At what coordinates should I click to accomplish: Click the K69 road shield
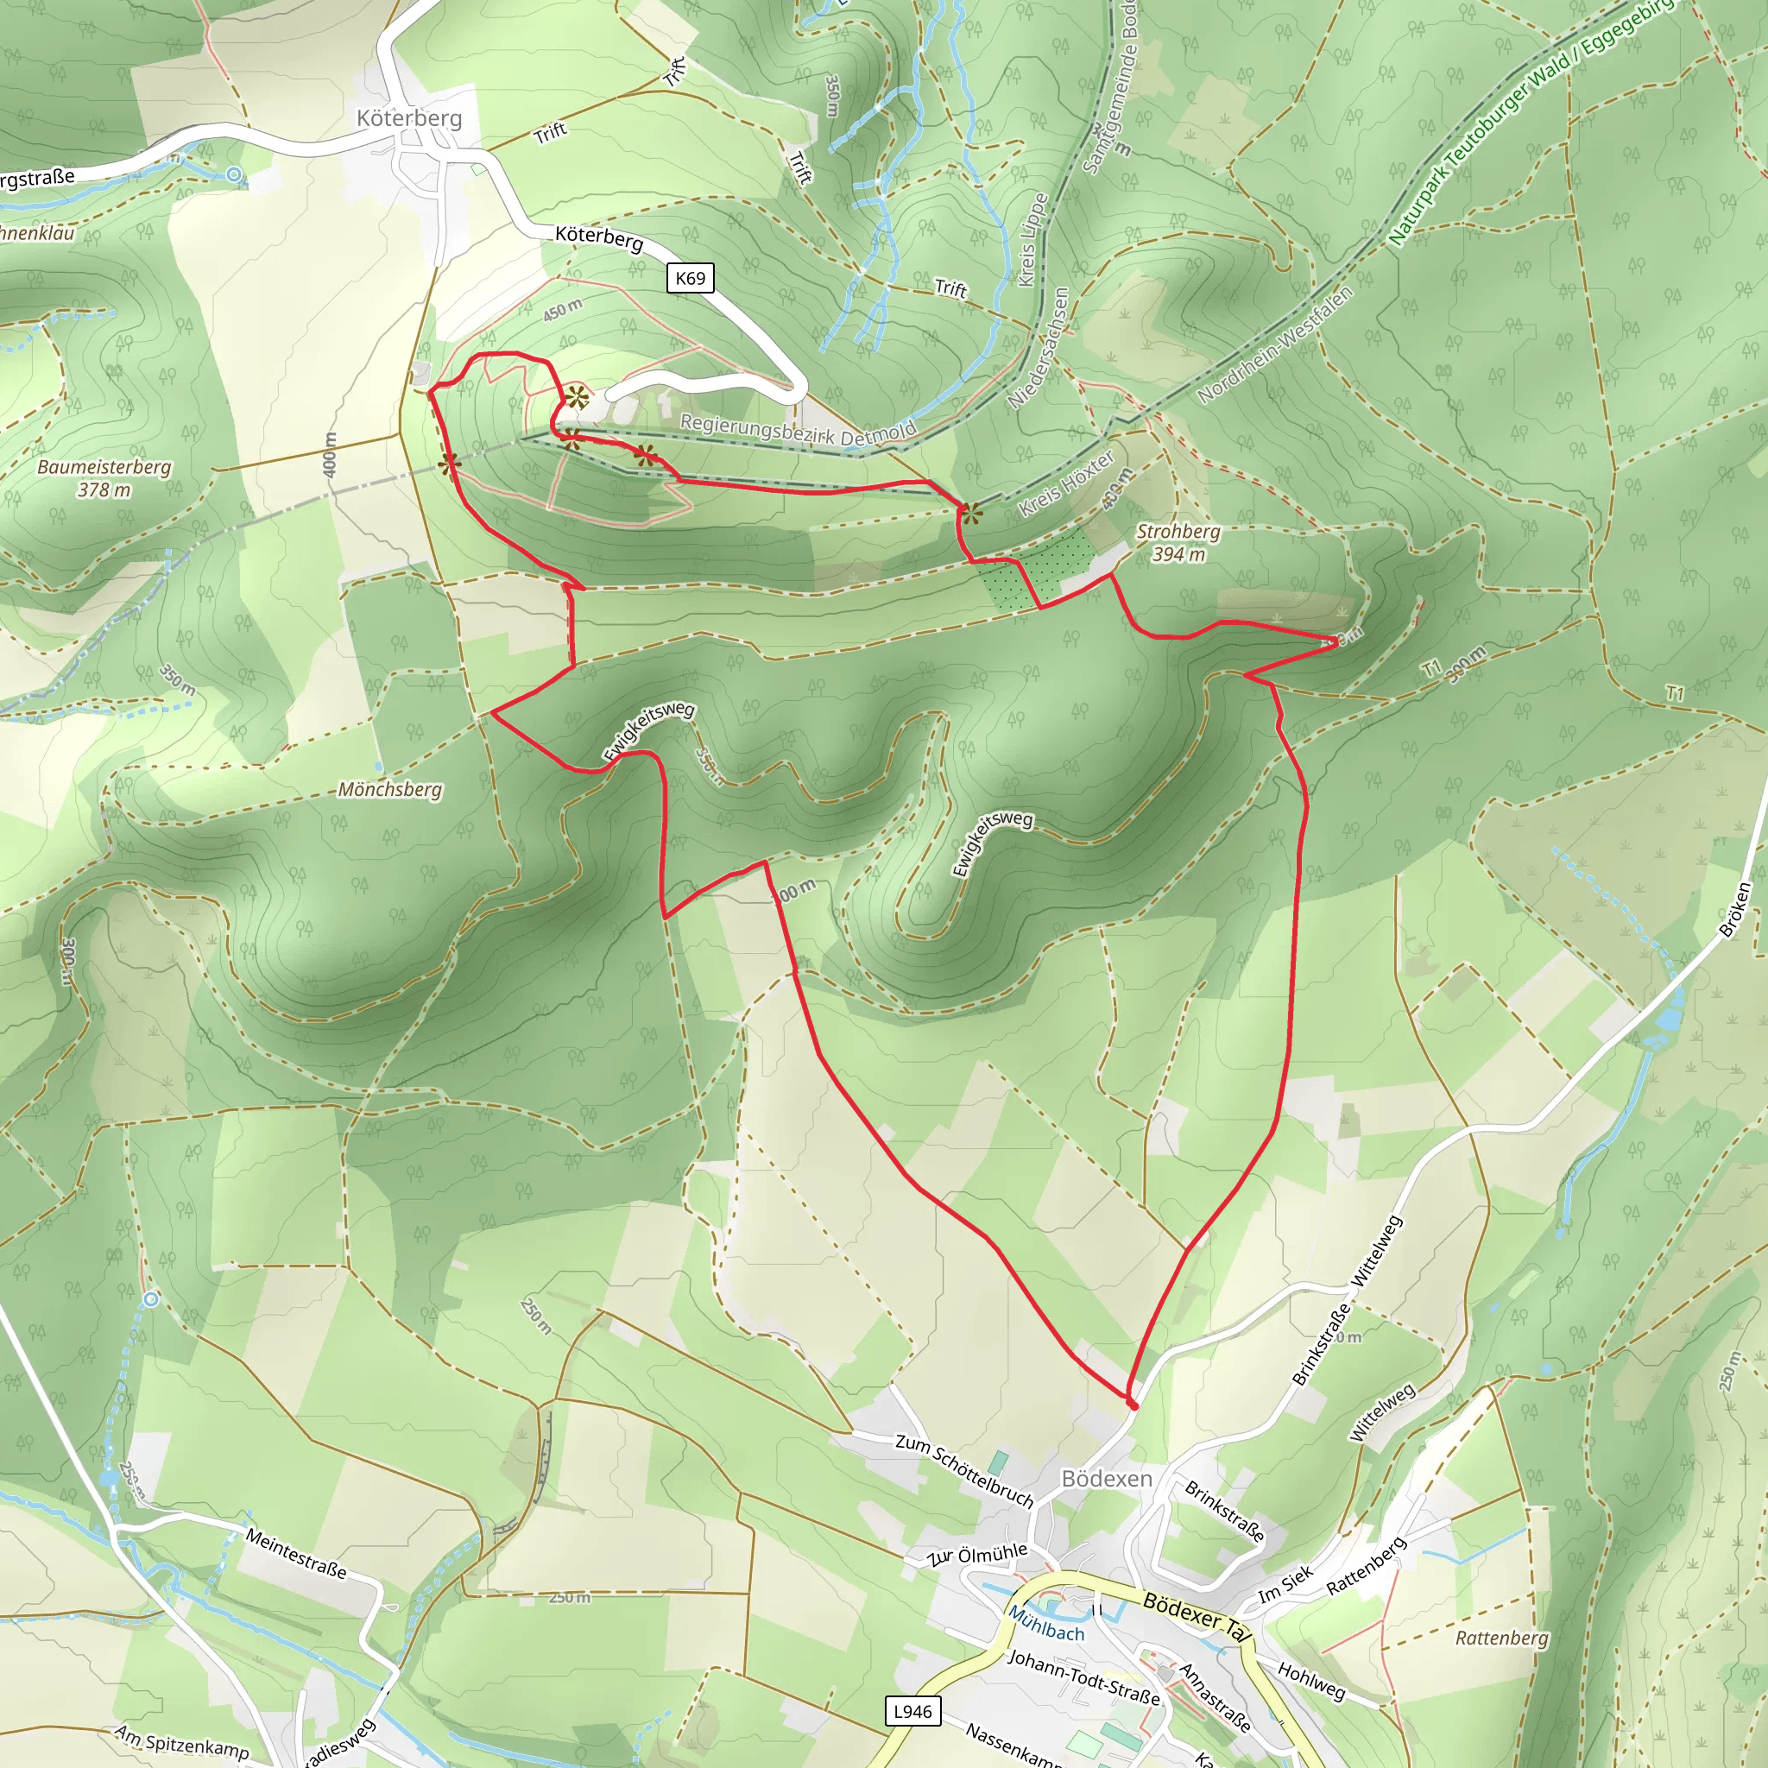tap(690, 277)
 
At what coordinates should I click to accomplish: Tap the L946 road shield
tap(912, 1711)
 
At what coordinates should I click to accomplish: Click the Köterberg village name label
tap(409, 118)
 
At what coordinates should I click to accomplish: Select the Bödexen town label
tap(1107, 1479)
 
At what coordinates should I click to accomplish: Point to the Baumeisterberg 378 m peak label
tap(104, 478)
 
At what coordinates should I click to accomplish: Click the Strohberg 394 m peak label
tap(1178, 543)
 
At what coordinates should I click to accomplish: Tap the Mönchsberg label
tap(390, 789)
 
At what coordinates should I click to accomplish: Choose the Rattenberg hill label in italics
tap(1502, 1638)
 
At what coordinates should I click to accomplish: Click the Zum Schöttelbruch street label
tap(964, 1470)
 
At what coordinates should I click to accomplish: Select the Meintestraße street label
tap(295, 1553)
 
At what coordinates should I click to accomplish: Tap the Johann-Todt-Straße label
tap(1083, 1677)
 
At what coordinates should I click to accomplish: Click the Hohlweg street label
tap(1311, 1680)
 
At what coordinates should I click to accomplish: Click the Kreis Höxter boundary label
tap(1067, 484)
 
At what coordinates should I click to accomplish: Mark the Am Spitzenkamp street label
tap(181, 1741)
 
